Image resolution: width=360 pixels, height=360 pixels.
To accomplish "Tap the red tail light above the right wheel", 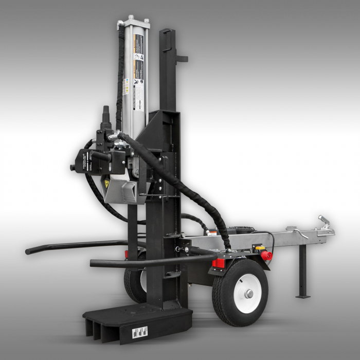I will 219,263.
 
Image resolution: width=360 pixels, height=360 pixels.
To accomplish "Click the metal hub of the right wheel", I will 249,294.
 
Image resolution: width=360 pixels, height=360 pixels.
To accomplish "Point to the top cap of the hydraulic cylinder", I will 133,23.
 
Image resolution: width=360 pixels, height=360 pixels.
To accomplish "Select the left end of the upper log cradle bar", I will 30,251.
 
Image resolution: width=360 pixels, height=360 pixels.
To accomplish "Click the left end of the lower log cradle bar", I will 94,264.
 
